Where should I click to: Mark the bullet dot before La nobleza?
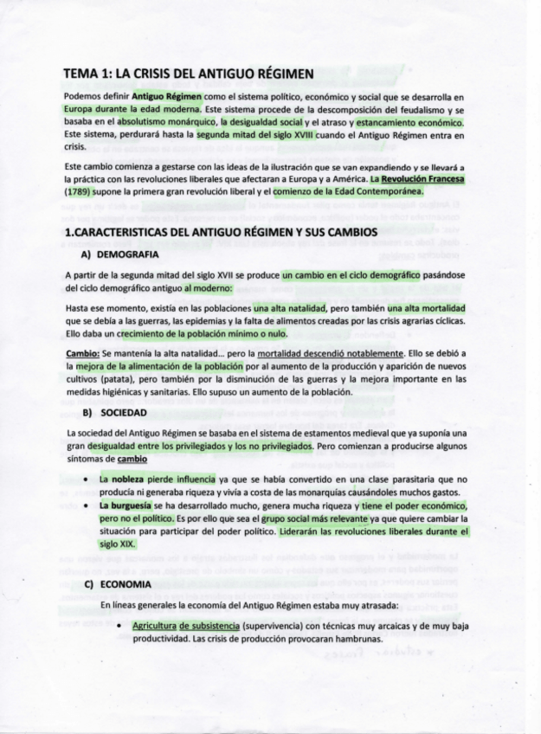click(x=85, y=479)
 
